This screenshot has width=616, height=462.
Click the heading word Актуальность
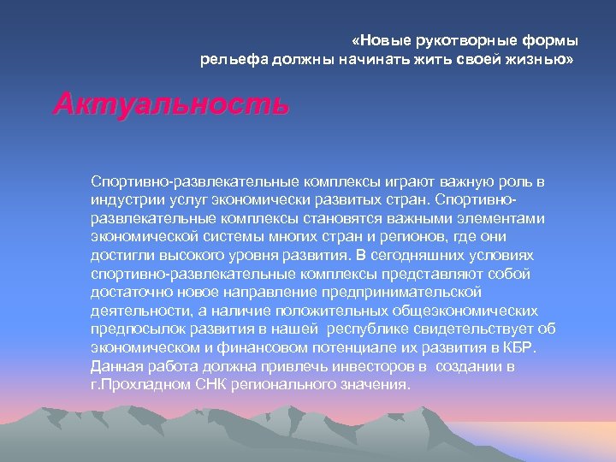point(172,105)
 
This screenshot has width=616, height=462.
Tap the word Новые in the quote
point(384,40)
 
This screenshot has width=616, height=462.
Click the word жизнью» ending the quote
point(541,60)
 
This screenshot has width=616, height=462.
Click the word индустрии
point(123,199)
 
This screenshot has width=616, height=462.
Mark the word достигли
point(120,256)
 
